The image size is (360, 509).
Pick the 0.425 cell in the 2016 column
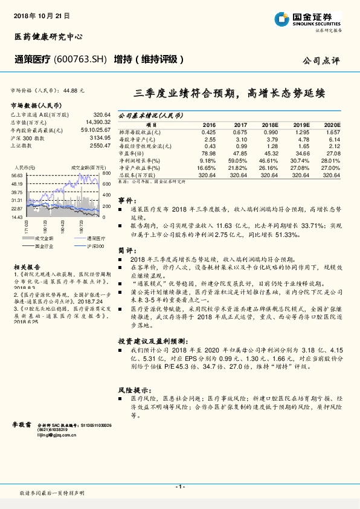click(208, 131)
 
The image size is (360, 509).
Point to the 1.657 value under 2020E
click(333, 131)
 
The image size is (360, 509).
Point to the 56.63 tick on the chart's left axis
click(17, 174)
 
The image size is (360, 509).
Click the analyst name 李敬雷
click(21, 426)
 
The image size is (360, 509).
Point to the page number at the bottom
click(179, 486)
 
